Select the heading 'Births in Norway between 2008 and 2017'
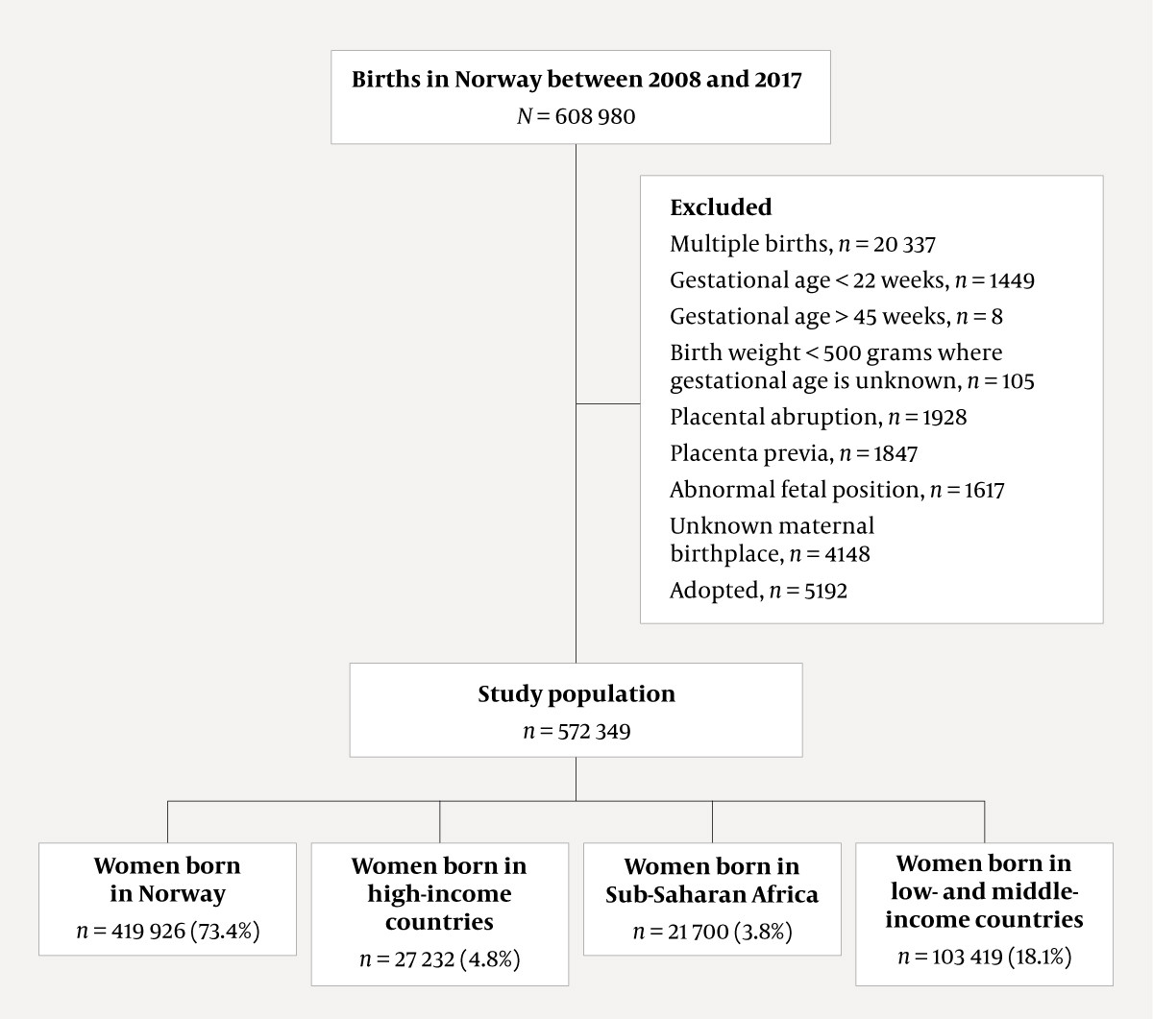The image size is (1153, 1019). click(576, 80)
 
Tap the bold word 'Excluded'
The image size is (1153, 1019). click(721, 207)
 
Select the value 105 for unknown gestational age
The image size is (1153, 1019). click(1017, 380)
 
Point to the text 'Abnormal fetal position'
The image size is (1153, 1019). click(796, 490)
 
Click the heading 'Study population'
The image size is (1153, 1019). click(576, 694)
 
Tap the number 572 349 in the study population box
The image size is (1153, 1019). click(591, 732)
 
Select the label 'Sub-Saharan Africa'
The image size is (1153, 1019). click(712, 895)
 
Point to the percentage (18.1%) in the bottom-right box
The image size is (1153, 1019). click(1037, 957)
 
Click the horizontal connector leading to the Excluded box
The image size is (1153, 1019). click(608, 403)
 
